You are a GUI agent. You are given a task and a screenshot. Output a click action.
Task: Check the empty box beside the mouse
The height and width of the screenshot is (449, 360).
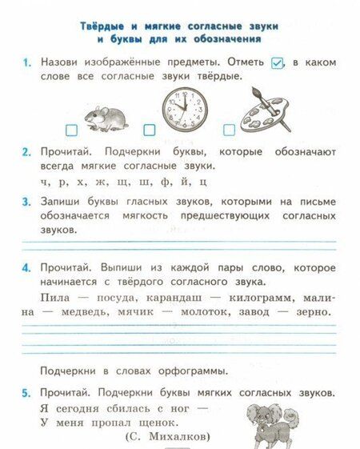[71, 130]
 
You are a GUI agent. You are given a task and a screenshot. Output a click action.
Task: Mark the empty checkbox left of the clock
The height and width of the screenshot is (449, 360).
[149, 130]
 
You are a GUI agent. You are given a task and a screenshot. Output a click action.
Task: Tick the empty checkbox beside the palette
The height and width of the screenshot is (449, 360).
[229, 130]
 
